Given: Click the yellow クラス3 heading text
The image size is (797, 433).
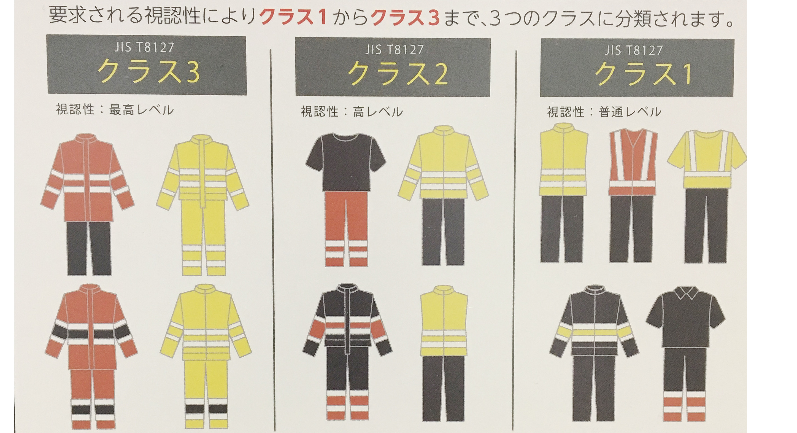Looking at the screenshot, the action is (148, 72).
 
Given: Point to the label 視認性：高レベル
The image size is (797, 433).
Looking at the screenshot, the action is (352, 111).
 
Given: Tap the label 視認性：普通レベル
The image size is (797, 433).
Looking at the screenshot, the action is (604, 111).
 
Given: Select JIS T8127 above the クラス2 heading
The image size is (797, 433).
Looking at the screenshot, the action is (394, 50).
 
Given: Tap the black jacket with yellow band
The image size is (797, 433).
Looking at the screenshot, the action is (594, 321).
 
